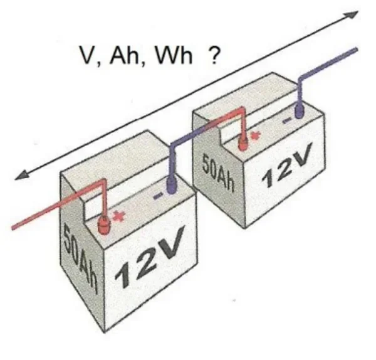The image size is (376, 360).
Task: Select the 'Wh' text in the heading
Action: point(174,55)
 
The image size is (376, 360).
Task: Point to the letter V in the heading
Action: point(88,55)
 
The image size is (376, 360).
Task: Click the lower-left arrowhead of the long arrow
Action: point(21,174)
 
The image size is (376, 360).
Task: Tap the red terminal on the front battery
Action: point(103,225)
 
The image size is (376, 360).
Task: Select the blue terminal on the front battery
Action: point(171,186)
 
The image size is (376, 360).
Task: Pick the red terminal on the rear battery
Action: point(243,142)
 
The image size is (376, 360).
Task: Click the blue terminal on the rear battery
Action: point(300,111)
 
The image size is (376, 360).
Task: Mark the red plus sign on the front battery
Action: point(119,216)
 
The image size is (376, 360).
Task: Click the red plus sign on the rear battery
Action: point(256,136)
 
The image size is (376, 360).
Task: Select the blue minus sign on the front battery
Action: point(159,196)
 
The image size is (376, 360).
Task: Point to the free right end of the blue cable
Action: point(357,50)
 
